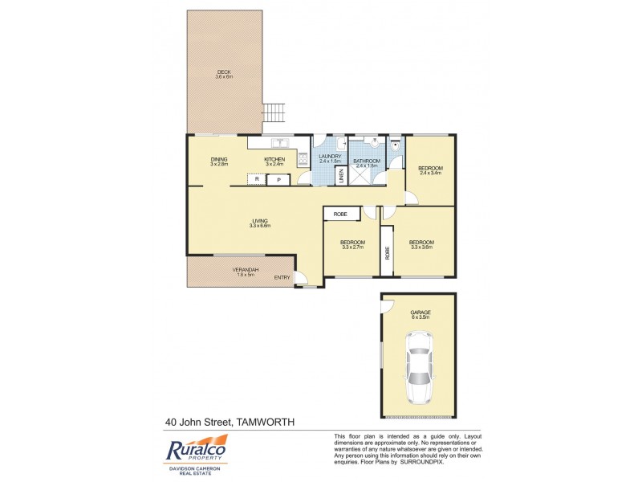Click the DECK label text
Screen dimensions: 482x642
[224, 72]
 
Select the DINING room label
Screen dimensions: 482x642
[219, 159]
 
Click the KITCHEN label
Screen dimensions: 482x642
[274, 159]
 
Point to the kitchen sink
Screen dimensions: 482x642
[279, 143]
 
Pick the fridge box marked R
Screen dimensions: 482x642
[256, 178]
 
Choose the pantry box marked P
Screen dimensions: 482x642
[278, 179]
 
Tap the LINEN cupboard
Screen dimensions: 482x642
[340, 174]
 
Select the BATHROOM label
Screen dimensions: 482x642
[367, 161]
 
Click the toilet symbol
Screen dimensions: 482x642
[395, 149]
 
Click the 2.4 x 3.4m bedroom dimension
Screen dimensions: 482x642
[430, 173]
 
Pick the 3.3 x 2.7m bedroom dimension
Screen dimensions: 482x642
[352, 248]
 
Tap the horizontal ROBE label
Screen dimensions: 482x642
[340, 214]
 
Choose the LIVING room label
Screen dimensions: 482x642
[259, 221]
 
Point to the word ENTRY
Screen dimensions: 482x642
[282, 278]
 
